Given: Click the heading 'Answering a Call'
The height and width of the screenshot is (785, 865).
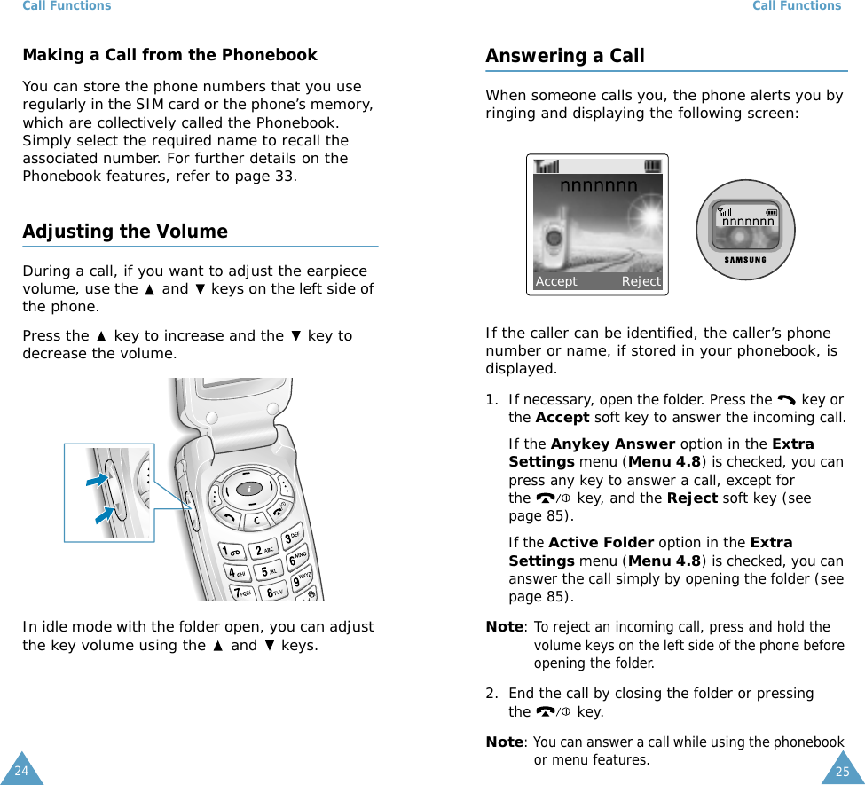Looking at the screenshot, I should tap(564, 56).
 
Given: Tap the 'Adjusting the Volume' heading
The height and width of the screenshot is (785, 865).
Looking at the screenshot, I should tap(125, 232).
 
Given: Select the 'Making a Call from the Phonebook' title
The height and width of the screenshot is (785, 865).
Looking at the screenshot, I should tap(169, 55).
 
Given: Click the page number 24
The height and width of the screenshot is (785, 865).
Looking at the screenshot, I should tap(21, 771).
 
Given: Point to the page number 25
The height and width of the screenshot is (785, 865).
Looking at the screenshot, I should tap(842, 771).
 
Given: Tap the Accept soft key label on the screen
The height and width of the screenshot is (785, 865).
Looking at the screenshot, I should tap(556, 281).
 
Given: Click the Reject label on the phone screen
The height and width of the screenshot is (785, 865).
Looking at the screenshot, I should tap(641, 281).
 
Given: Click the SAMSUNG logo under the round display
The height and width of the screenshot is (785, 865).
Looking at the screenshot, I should tap(745, 259).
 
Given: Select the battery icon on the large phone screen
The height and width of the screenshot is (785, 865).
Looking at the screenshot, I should tap(652, 166).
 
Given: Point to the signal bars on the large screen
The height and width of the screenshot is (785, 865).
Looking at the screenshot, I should tap(547, 166).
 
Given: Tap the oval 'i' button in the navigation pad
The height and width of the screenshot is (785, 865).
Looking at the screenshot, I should tap(250, 488).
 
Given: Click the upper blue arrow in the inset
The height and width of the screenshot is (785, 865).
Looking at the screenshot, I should tap(97, 480).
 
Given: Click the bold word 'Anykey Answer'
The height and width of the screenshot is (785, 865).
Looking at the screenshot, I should tap(612, 444).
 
